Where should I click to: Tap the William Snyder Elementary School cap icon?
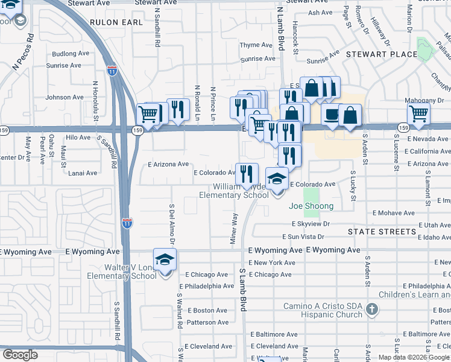(277, 179)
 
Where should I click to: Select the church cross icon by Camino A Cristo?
(373, 310)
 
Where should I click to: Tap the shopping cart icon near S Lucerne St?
(418, 113)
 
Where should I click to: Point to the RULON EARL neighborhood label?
(116, 22)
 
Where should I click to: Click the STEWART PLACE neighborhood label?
(381, 54)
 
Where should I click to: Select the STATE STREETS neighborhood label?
(382, 232)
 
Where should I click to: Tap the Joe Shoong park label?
(311, 206)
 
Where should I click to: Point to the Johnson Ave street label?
(65, 97)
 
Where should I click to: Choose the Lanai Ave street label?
(83, 173)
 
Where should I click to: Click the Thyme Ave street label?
(256, 45)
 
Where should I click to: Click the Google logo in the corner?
(20, 355)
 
